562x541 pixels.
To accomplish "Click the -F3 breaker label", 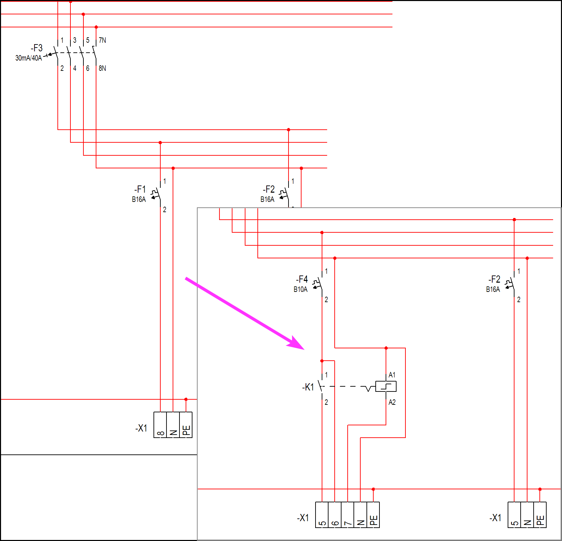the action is pos(37,48).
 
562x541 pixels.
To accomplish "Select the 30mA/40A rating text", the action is pos(28,58).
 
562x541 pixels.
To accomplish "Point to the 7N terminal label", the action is pos(102,40).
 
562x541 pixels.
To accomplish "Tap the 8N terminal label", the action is pos(102,68).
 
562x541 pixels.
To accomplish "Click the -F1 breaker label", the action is pos(140,189).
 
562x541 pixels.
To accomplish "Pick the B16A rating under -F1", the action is pos(139,199).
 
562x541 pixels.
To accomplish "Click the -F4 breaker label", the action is pos(302,279).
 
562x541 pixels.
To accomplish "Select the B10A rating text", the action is pos(300,289).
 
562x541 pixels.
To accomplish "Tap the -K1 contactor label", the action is pos(308,387).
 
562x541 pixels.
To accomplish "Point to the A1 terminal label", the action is pos(392,375).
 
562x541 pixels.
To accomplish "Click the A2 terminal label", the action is pos(392,402).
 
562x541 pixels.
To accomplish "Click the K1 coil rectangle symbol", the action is pos(386,386).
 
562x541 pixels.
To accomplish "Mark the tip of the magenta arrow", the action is pos(304,349).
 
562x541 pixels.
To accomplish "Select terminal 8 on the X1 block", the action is pos(160,425).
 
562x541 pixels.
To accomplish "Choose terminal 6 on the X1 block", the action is pos(335,515).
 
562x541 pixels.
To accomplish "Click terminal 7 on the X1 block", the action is pos(347,515).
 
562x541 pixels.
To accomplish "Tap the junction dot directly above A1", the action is pos(386,348).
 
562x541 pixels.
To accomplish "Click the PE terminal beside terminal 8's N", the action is pos(186,425).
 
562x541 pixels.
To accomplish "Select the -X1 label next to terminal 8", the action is pos(141,428).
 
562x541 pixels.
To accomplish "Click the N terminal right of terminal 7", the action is pos(360,515).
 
